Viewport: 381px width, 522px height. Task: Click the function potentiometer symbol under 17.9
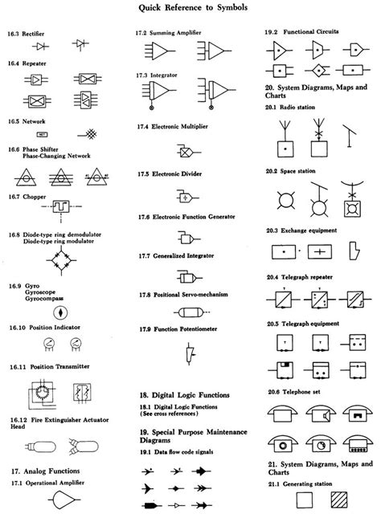(188, 352)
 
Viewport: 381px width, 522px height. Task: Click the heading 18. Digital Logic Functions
(184, 396)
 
